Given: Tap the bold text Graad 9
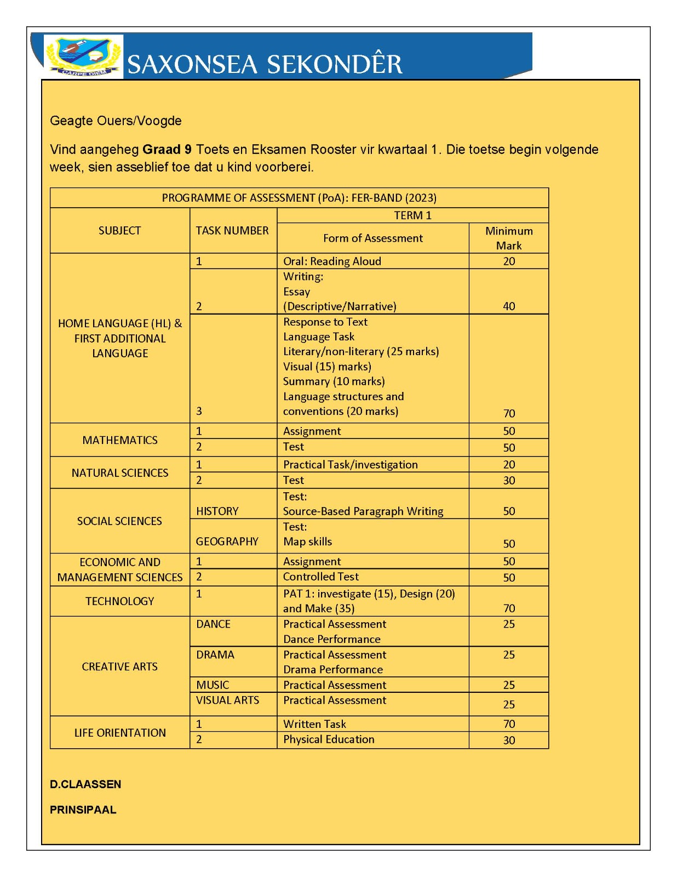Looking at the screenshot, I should (x=167, y=150).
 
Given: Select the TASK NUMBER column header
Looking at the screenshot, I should (x=232, y=231).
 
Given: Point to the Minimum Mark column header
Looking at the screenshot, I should (x=509, y=238).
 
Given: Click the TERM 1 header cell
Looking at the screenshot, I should (x=412, y=215).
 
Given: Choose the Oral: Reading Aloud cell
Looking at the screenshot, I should (x=332, y=261).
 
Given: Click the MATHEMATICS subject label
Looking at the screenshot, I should (x=120, y=440).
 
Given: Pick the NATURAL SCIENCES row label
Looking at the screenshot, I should (x=120, y=473).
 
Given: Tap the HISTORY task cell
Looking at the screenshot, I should (x=217, y=511).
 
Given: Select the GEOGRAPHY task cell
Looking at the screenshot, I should (x=227, y=542).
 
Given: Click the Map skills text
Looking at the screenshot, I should (x=307, y=542).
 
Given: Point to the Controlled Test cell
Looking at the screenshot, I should (x=321, y=577).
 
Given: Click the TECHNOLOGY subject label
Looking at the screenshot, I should (x=120, y=601).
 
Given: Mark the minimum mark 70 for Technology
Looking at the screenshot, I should (x=509, y=608).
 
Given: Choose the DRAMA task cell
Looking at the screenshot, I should (x=215, y=655).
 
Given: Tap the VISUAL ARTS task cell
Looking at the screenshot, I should (x=228, y=701).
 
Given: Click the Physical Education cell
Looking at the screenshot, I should (x=329, y=739).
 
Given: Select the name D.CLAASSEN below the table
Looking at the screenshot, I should (x=85, y=784).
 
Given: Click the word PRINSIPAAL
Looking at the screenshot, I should (x=83, y=810).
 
